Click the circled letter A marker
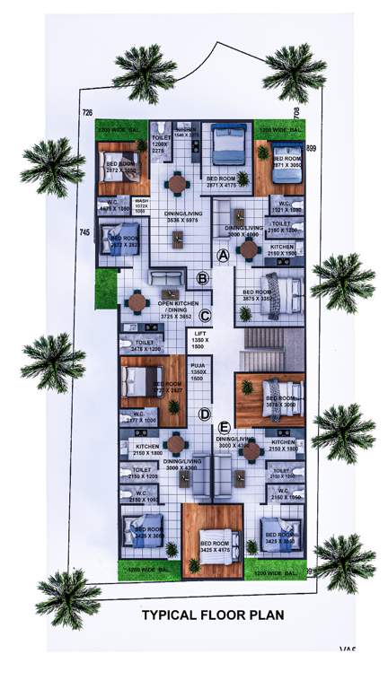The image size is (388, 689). click(x=224, y=255)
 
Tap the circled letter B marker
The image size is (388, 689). click(x=203, y=279)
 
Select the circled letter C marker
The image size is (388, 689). click(x=205, y=316)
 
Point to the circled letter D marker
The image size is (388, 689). click(x=205, y=414)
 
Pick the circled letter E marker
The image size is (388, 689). click(x=225, y=428)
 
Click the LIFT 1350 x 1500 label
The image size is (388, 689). click(x=199, y=340)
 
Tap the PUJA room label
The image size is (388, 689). click(x=198, y=372)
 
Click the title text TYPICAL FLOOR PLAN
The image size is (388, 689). click(x=213, y=615)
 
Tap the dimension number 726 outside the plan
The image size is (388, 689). click(x=87, y=113)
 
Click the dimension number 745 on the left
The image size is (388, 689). click(x=84, y=232)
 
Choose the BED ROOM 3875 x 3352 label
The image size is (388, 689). click(x=261, y=297)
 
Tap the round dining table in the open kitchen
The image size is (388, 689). click(x=137, y=301)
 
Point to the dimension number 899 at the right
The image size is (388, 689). click(x=312, y=147)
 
